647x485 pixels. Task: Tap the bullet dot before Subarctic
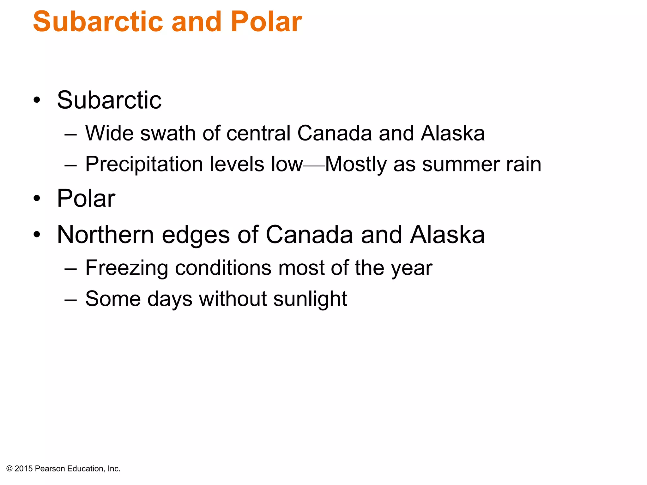pyautogui.click(x=37, y=100)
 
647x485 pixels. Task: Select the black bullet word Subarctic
pyautogui.click(x=109, y=100)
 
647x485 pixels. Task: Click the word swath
pyautogui.click(x=168, y=133)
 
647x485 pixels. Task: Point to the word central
pyautogui.click(x=258, y=133)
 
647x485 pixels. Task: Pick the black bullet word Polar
pyautogui.click(x=86, y=198)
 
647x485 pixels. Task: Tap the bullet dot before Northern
pyautogui.click(x=37, y=235)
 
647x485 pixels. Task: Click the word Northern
pyautogui.click(x=106, y=235)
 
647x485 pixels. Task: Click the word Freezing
pyautogui.click(x=126, y=268)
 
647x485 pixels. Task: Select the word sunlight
pyautogui.click(x=310, y=299)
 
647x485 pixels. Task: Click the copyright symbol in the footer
pyautogui.click(x=9, y=469)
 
